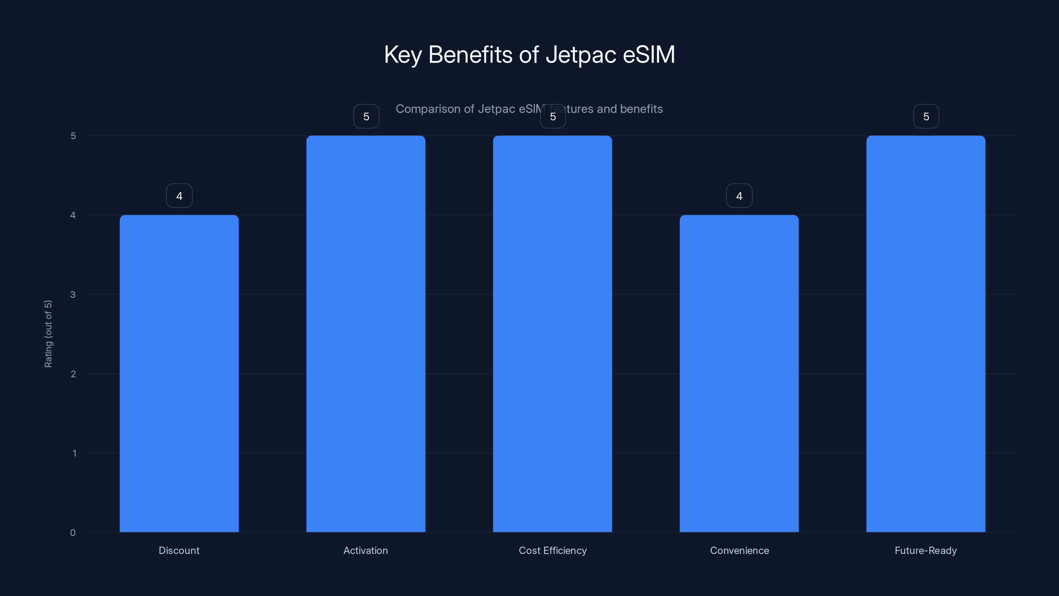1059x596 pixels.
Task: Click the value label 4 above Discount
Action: [179, 196]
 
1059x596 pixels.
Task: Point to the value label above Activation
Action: [366, 117]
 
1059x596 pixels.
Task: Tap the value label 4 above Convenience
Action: [739, 196]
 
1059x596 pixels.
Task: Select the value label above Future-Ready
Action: [926, 117]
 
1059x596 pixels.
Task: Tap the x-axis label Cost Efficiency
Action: [553, 550]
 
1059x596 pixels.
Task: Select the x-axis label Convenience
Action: [739, 550]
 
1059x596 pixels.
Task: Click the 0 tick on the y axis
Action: [73, 533]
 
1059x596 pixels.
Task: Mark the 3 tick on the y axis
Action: [73, 294]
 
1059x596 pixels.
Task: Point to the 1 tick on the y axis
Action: [74, 453]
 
